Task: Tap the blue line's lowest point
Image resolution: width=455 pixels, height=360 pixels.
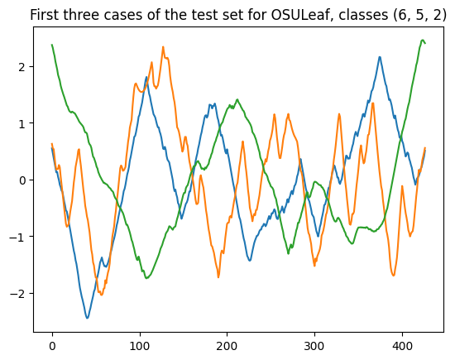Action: coord(87,318)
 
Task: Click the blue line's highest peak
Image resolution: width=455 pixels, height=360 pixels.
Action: coord(380,57)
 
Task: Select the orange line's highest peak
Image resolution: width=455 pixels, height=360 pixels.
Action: coord(163,47)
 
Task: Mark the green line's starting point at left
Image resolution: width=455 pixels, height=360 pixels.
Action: coord(52,45)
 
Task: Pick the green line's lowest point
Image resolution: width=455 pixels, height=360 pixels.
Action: coord(147,278)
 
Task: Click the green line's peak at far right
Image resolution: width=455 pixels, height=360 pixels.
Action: coord(423,40)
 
